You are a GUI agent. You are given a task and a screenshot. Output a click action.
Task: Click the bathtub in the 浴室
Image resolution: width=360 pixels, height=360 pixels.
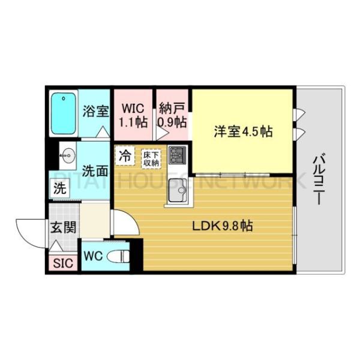tap(63, 113)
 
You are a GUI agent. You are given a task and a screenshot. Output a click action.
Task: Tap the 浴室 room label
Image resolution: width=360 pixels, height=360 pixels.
tap(95, 112)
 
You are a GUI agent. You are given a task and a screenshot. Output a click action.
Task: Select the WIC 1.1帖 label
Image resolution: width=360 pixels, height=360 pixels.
tap(133, 115)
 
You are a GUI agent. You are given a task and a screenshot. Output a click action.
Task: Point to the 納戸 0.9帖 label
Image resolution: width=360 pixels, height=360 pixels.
tap(172, 115)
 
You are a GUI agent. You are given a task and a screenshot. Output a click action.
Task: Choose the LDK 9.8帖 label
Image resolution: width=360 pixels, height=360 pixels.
tap(221, 227)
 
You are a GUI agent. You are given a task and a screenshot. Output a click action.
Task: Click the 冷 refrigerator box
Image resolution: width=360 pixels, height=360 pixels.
tap(125, 155)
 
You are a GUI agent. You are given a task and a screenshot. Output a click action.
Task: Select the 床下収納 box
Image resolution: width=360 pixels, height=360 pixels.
tap(151, 158)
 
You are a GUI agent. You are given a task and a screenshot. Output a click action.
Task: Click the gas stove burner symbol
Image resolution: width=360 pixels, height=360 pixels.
tap(178, 156)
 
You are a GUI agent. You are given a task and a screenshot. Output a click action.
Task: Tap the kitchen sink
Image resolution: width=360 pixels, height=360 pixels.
tap(178, 191)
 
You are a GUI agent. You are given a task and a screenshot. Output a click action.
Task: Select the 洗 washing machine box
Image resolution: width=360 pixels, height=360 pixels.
tap(59, 187)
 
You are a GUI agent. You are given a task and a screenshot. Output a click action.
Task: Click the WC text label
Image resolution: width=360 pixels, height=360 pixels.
tap(93, 256)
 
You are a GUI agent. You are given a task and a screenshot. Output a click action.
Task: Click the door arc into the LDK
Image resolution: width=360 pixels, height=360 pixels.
tap(123, 224)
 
